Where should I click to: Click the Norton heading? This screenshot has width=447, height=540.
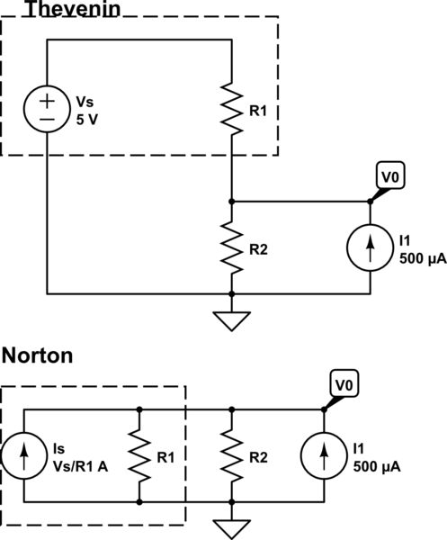(x=37, y=355)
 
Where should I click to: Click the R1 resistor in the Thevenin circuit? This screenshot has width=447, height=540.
(x=232, y=110)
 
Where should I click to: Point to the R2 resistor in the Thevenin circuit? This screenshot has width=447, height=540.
(x=232, y=247)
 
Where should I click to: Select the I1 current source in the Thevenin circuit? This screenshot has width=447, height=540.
(x=370, y=247)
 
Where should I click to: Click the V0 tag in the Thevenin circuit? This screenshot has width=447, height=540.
(x=388, y=177)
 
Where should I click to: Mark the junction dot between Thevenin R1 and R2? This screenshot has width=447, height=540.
(x=232, y=202)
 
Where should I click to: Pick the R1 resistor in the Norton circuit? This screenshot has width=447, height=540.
(x=139, y=455)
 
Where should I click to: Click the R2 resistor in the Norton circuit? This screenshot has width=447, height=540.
(x=232, y=455)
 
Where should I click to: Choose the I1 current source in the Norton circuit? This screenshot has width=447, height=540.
(x=324, y=455)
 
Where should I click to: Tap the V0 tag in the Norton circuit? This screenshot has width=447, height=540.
(x=342, y=384)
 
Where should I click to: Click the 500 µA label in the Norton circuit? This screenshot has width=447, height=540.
(x=377, y=468)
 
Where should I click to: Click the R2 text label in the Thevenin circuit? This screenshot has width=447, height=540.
(x=259, y=248)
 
